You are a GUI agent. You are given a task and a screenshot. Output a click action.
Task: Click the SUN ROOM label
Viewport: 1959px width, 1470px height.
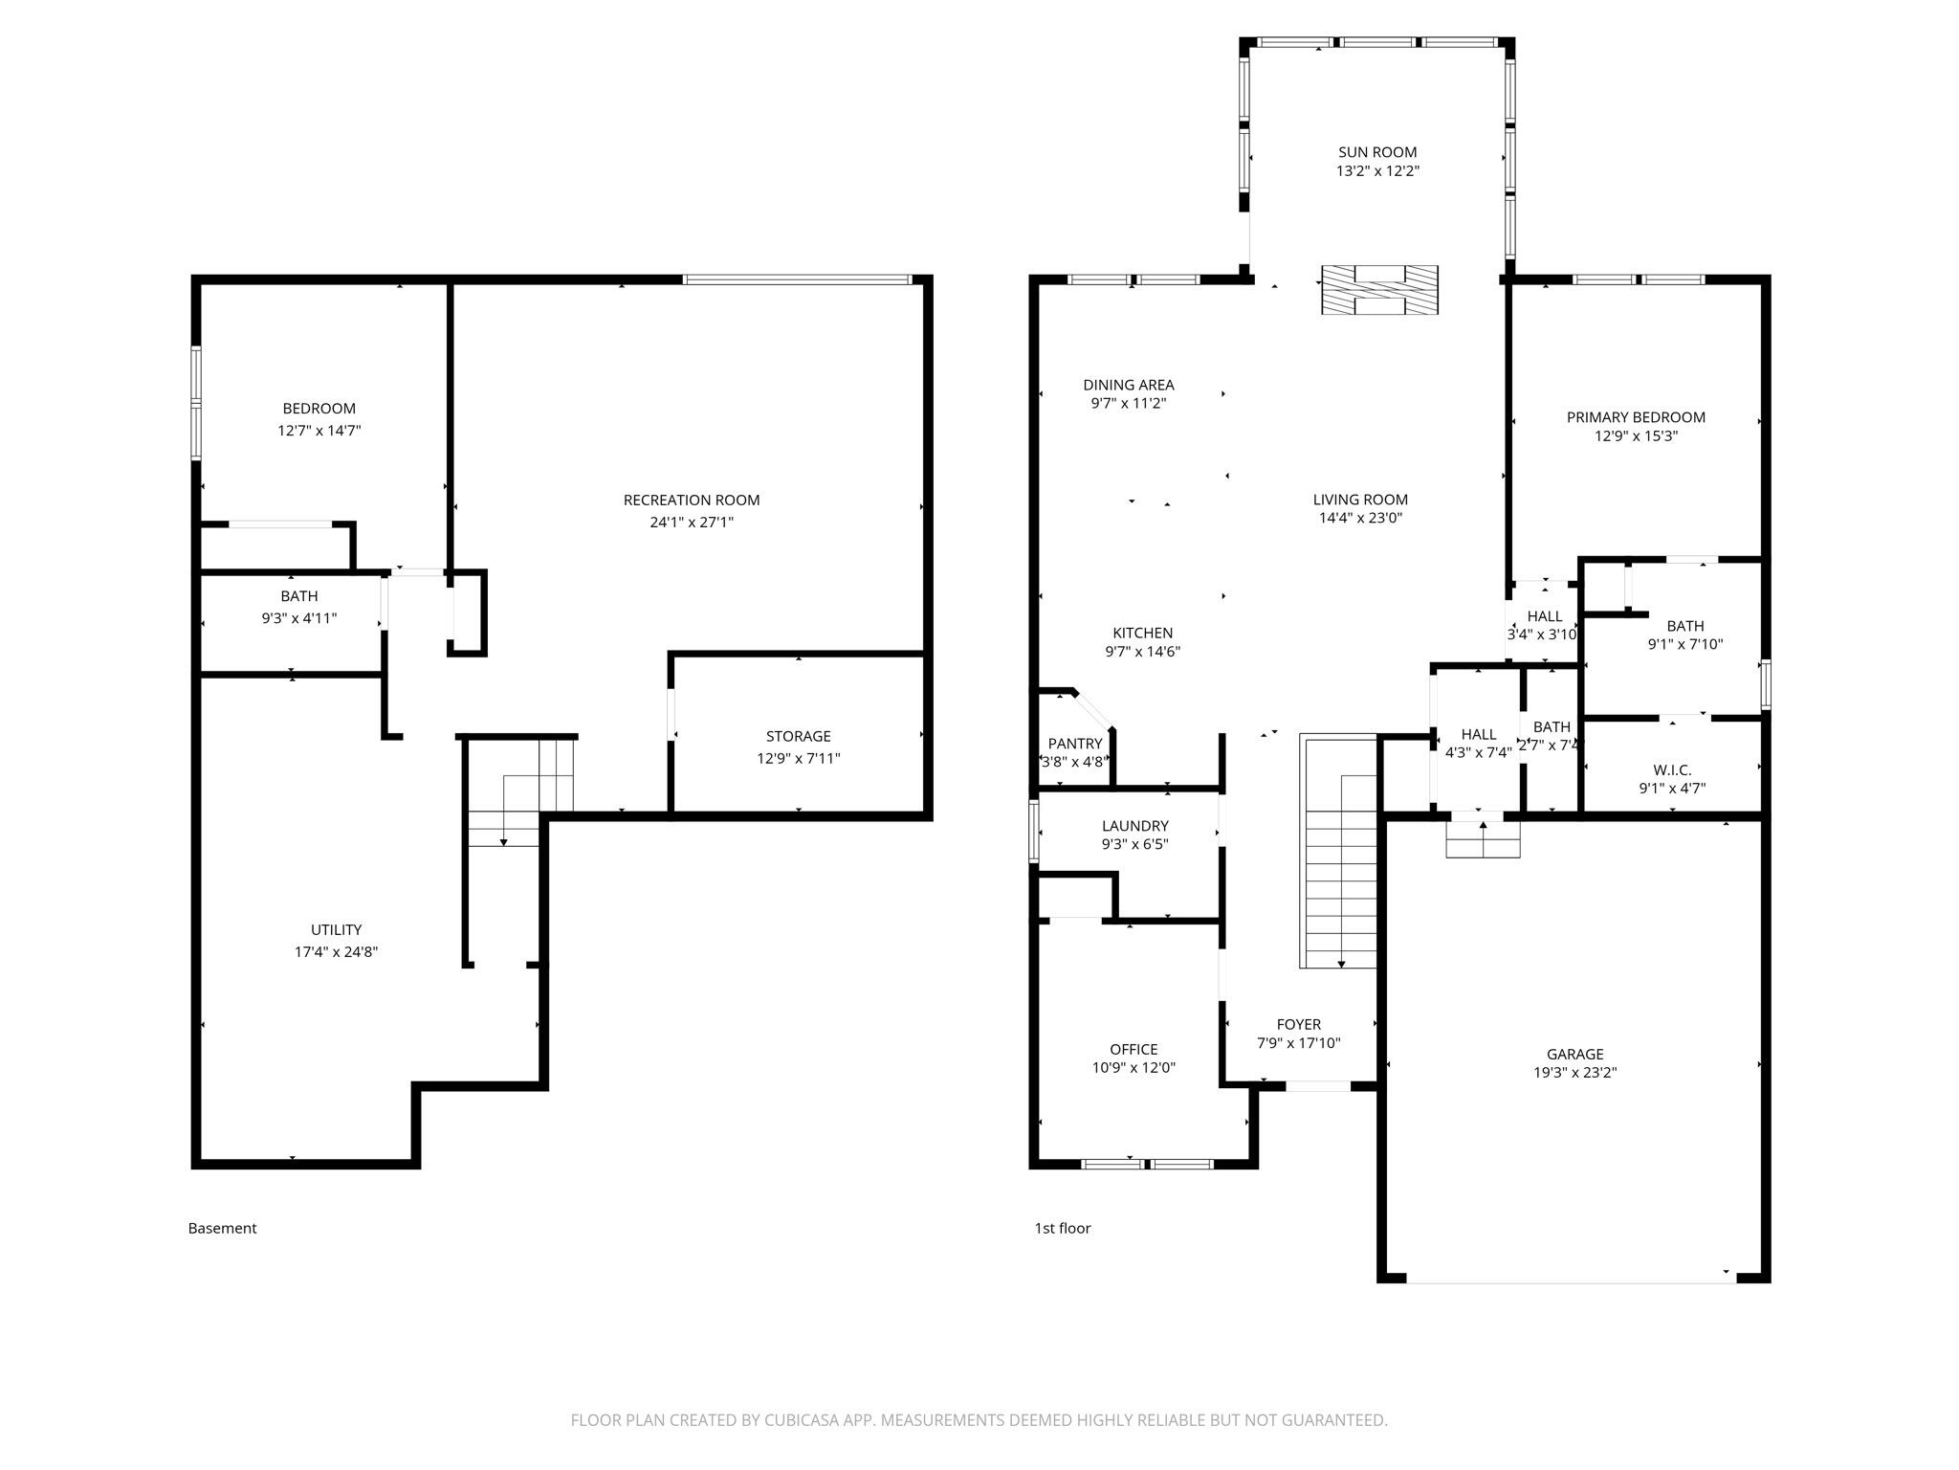tap(1376, 152)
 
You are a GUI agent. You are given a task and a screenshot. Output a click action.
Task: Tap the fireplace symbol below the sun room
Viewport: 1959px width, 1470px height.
tap(1379, 290)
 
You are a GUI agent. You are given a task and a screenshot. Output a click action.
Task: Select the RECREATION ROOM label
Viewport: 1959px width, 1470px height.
tap(692, 500)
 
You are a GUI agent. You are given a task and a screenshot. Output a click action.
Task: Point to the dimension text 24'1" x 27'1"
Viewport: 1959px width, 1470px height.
tap(692, 523)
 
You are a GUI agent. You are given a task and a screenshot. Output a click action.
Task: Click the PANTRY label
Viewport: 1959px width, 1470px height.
tap(1075, 744)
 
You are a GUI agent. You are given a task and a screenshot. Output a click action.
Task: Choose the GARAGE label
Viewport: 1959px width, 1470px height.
tap(1574, 1055)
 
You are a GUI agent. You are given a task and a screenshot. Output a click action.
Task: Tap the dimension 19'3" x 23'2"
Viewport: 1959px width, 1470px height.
tap(1574, 1073)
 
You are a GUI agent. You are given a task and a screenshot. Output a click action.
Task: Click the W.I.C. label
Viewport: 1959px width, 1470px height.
tap(1672, 770)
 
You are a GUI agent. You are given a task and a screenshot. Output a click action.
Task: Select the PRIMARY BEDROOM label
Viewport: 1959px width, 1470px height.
tap(1636, 417)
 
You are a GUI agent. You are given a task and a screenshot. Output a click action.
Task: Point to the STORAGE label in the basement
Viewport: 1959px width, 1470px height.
tap(798, 736)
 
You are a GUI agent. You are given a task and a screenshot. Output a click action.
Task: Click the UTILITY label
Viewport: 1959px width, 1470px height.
tap(336, 929)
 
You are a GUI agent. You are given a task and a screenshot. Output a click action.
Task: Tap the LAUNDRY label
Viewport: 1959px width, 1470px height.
tap(1134, 826)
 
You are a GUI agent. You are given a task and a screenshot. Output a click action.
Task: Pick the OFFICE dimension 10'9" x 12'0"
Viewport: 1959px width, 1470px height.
tap(1134, 1067)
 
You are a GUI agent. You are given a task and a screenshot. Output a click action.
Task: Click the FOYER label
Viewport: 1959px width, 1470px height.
tap(1298, 1024)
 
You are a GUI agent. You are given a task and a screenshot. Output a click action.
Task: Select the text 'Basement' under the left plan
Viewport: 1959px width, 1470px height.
tap(222, 1228)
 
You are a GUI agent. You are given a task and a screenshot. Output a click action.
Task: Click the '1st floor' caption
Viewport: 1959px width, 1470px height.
tap(1062, 1228)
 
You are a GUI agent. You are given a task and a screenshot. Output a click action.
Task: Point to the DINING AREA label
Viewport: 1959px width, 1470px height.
tap(1129, 385)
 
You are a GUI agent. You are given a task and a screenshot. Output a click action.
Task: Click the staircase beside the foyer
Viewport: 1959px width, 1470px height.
tap(1338, 852)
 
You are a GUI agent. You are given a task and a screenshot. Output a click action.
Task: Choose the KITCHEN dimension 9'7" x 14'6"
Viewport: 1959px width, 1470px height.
tap(1142, 652)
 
